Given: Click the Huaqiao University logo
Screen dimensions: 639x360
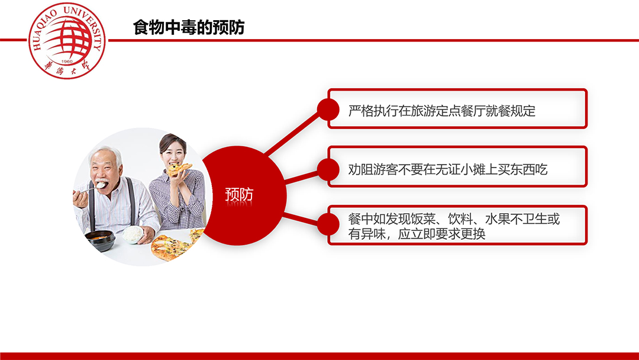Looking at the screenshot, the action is click(x=67, y=41).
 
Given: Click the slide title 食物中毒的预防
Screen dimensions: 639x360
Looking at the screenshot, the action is click(x=189, y=27).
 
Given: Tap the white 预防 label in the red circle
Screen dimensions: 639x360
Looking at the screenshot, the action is click(x=239, y=194).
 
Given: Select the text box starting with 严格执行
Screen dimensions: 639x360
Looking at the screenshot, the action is click(x=457, y=109).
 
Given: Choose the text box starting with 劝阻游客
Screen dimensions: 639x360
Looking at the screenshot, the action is click(x=457, y=167).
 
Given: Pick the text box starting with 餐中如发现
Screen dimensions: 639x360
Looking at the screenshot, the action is click(x=457, y=225).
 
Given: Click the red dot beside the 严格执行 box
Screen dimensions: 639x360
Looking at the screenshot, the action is click(x=328, y=110).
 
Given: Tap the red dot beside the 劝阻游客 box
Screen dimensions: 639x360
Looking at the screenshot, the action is click(x=328, y=169).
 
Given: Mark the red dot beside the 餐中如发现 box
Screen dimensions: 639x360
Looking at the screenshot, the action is click(x=328, y=224).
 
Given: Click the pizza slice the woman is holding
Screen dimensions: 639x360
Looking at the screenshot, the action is click(x=179, y=169).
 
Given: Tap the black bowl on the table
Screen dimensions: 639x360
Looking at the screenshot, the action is click(x=100, y=240).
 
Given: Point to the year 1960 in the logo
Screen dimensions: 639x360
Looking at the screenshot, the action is click(x=67, y=62).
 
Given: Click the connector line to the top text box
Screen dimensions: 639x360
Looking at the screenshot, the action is click(x=292, y=133).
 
